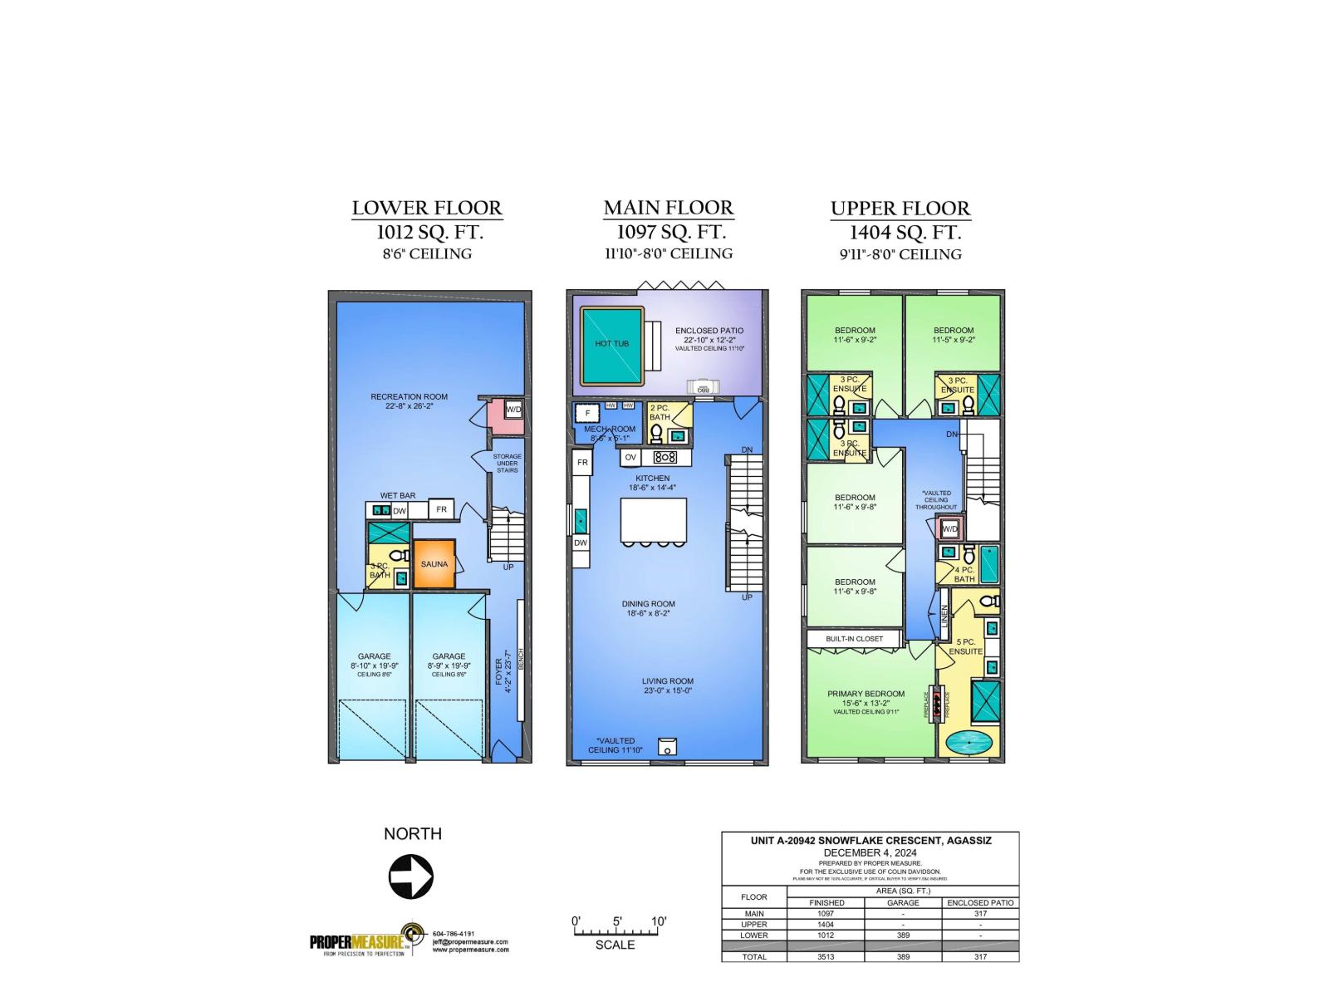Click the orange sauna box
[x=434, y=564]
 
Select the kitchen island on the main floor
[x=654, y=521]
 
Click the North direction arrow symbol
[x=411, y=877]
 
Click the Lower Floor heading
[x=427, y=208]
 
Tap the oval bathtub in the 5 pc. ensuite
[x=969, y=742]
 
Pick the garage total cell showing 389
[x=903, y=957]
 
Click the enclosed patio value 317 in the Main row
[x=980, y=913]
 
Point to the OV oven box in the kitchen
[x=630, y=457]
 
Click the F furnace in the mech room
[x=588, y=413]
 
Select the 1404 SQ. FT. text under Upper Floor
[x=905, y=233]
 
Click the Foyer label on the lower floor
[x=500, y=671]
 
